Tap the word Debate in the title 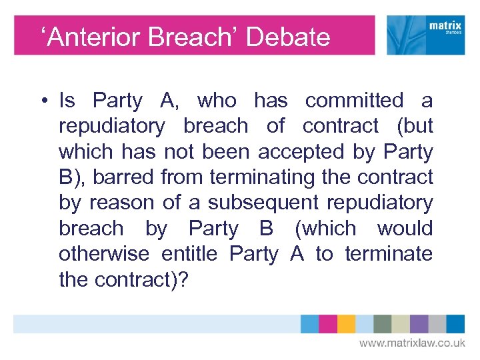(x=288, y=37)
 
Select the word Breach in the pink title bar (x=190, y=37)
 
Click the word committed (x=354, y=101)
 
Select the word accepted (x=302, y=152)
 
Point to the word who (x=217, y=101)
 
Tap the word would (x=405, y=228)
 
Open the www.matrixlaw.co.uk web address (x=413, y=343)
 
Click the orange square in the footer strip (x=346, y=324)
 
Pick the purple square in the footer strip (x=419, y=324)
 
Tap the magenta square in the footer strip (x=328, y=324)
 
